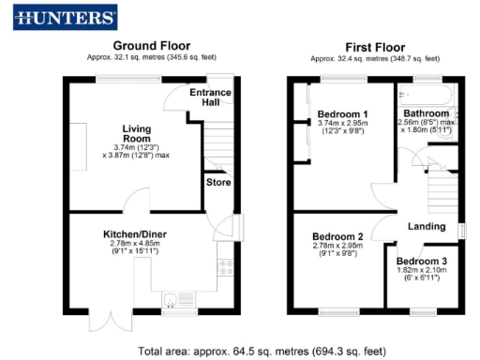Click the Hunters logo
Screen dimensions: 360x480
click(66, 17)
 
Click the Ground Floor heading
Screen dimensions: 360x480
click(151, 45)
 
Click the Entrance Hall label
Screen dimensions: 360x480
click(211, 97)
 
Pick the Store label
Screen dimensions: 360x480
click(218, 182)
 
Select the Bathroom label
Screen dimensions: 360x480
click(427, 112)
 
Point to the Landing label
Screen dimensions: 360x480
click(427, 226)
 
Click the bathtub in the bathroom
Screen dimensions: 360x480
click(427, 93)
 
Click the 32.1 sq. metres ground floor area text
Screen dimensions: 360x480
click(151, 57)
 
